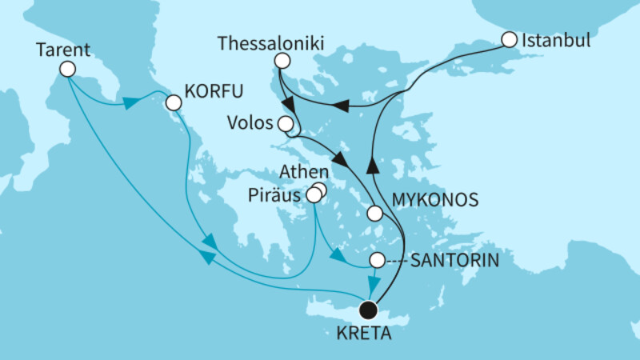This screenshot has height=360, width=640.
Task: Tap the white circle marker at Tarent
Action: pos(67,70)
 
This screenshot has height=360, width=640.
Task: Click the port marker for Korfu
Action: pos(172,102)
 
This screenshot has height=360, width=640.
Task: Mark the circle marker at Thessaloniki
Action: pos(281,60)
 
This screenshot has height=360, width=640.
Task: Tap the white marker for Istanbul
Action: pos(508,38)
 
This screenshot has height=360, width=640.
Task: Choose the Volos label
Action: pos(254,124)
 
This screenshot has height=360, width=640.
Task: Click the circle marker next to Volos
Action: pos(285,124)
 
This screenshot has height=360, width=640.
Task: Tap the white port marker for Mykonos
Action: pos(374,213)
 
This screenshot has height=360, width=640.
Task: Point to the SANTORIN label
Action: pos(456,260)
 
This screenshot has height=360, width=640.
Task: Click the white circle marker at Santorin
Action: pos(377,260)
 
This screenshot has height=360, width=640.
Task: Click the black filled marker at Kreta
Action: pos(368,309)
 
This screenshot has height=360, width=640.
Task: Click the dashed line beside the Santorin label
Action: pos(397,260)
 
